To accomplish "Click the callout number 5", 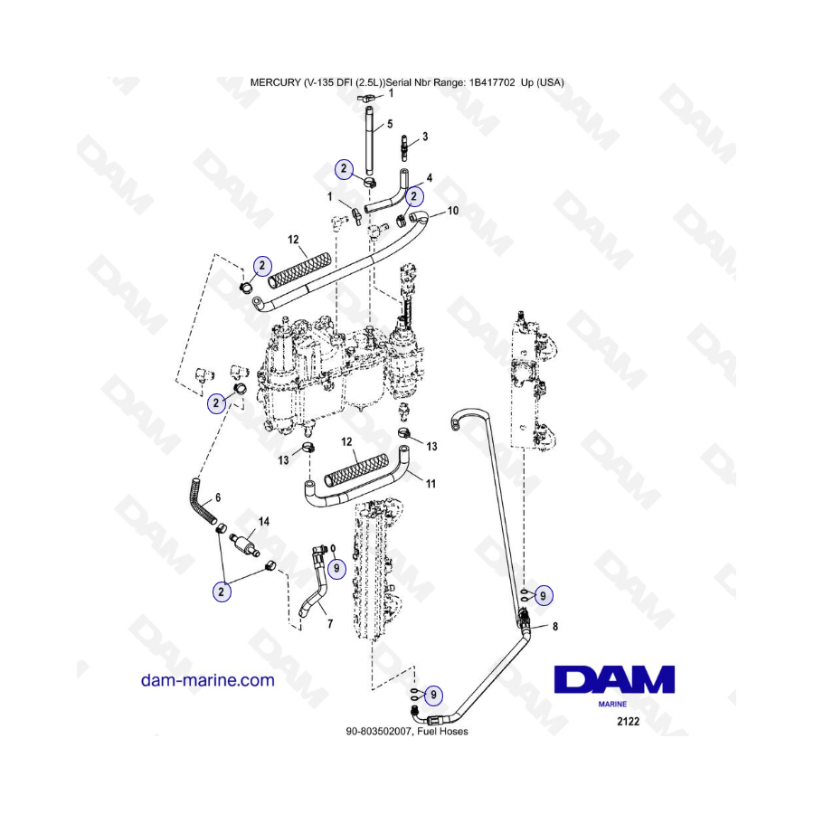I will pos(390,124).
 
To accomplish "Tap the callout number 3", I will pos(425,137).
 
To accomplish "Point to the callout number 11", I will pos(431,485).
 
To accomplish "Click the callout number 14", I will pos(264,522).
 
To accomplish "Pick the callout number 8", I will pos(554,626).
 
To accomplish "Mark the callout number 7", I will pos(328,624).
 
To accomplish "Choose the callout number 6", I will pos(217,498).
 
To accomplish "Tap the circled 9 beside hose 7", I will pos(336,568).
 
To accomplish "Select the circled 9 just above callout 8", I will pos(543,594).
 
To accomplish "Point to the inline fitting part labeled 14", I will pos(243,546).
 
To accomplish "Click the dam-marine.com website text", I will pos(207,680).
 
